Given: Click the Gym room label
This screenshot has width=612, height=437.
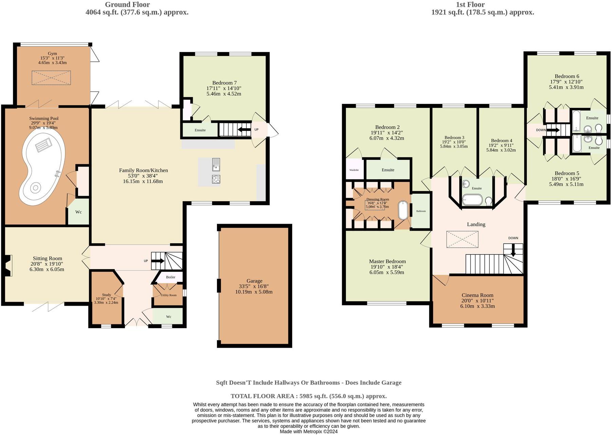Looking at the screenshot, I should coord(52,54).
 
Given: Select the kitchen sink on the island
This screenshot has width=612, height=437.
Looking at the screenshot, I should coord(216,165).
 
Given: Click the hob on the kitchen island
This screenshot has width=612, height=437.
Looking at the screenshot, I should coord(216,179).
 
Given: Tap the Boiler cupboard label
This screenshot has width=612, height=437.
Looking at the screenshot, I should coord(170,277).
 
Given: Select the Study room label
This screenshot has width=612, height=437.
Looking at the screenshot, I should coord(106,295).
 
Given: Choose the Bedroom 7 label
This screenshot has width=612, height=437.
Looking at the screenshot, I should coord(224,83).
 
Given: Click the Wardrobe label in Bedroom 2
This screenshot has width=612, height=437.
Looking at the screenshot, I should coord(354,170).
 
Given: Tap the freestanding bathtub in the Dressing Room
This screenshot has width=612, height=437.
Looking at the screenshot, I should coord(403,211).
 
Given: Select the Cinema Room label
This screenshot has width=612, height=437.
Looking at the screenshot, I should coord(477,295).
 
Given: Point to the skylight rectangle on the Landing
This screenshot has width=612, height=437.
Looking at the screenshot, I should coord(462,239).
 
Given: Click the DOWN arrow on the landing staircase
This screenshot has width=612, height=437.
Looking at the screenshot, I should coord(513,251).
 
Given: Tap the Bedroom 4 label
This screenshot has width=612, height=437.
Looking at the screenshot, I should coord(501,140).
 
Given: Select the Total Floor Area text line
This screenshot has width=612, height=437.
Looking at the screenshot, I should coord(309,396).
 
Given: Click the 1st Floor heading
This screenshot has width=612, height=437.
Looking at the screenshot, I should coord(470,5).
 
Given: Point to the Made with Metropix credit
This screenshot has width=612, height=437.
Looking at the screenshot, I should coord(309,432).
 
